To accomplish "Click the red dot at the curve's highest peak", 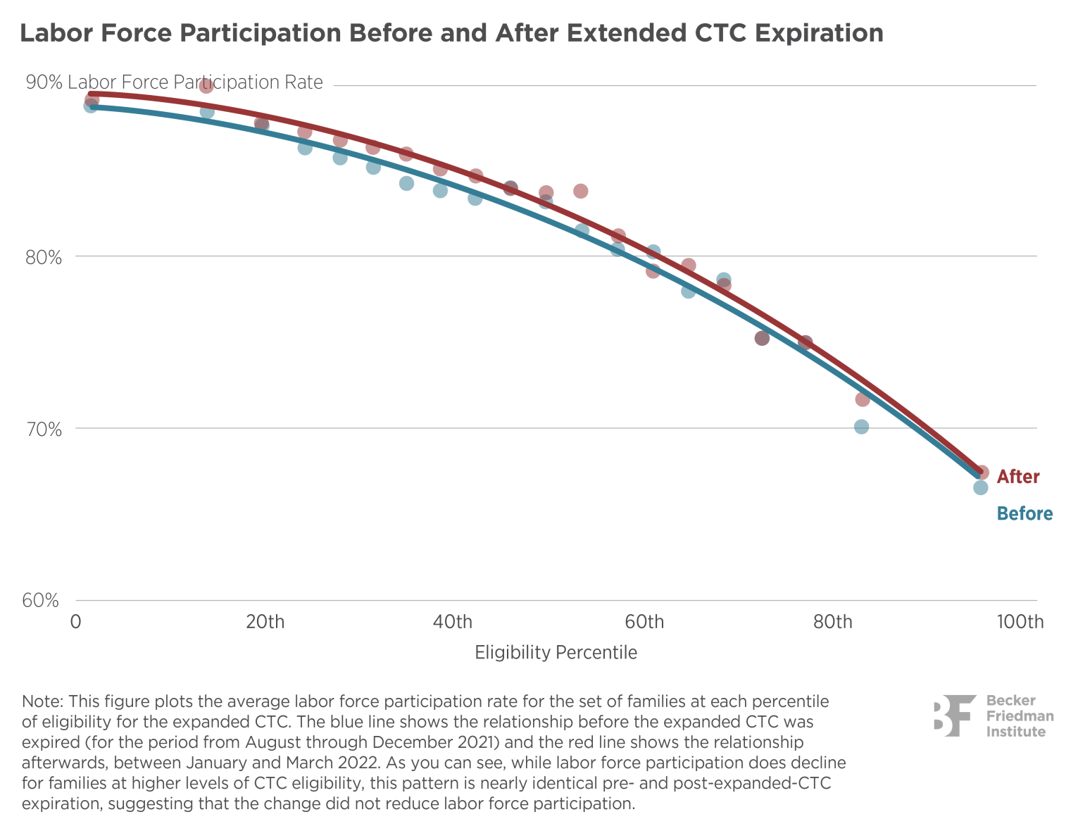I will click(x=206, y=86).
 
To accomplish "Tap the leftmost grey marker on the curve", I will click(x=91, y=103).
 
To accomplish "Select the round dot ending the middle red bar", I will click(x=762, y=339).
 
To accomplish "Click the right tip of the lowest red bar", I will click(x=869, y=400).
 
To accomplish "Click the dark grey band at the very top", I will click(x=539, y=34).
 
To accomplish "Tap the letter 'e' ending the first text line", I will click(x=823, y=702).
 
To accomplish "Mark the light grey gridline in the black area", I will click(x=563, y=600).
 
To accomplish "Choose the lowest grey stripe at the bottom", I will click(x=539, y=804).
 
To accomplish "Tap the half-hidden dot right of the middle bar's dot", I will click(x=805, y=342).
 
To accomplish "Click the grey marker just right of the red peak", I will click(x=262, y=125).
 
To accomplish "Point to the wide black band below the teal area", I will click(x=539, y=556).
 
